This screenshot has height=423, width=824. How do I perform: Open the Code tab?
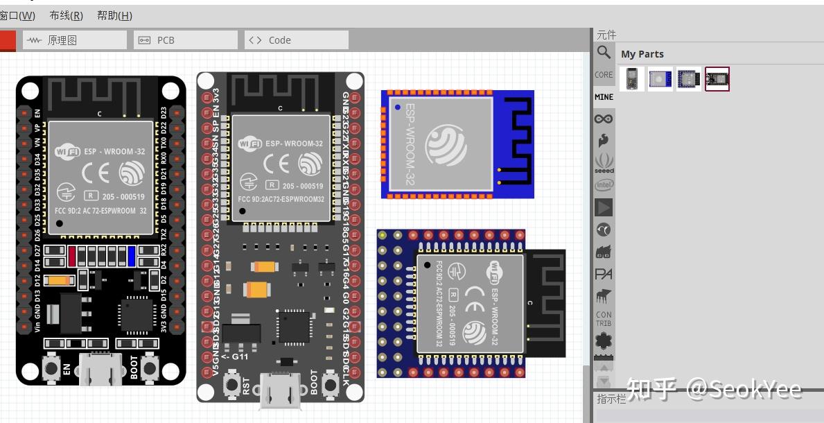tap(279, 40)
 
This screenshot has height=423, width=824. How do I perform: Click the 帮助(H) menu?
tap(114, 15)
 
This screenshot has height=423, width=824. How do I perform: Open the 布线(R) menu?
tap(66, 15)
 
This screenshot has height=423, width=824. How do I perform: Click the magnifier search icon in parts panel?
tap(604, 53)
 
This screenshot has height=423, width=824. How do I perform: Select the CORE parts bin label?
tap(604, 75)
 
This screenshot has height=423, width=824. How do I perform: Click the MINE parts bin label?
tap(604, 97)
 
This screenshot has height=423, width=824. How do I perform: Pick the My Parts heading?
tap(642, 54)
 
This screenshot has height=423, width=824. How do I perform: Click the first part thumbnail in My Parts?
tap(631, 79)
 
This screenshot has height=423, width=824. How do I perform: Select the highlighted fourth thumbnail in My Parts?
tap(717, 79)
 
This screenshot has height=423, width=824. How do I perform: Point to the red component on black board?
tap(72, 256)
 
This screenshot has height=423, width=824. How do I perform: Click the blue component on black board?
tap(132, 256)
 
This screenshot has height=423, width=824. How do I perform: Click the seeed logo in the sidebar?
tap(604, 164)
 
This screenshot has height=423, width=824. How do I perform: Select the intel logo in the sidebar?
tap(604, 185)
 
